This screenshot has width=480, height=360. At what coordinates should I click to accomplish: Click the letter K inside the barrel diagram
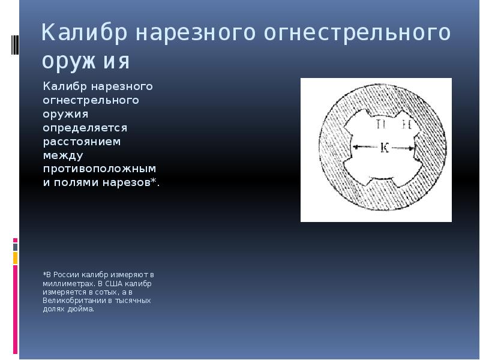point(385,148)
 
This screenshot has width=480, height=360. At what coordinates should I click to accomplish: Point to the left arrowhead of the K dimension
point(356,146)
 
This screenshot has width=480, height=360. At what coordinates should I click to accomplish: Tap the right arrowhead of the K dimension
point(412,146)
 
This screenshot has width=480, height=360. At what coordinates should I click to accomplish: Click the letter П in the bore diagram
point(380,125)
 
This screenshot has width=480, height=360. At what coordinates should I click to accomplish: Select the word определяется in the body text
point(85,127)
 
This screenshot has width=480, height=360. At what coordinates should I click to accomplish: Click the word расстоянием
point(82,142)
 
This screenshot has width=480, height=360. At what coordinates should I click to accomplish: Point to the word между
point(62,155)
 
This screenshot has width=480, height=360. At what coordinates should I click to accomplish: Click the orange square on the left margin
point(16,258)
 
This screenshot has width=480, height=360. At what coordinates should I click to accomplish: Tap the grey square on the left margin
point(16,247)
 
